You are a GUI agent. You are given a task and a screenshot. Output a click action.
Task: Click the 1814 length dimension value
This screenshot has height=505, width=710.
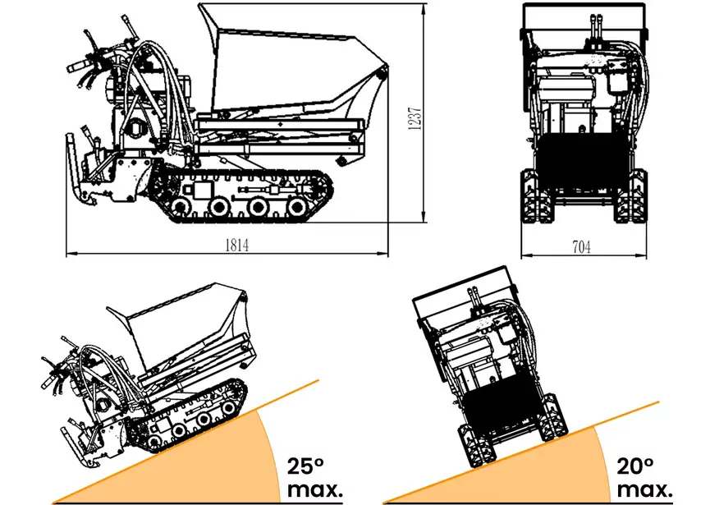[x=237, y=245]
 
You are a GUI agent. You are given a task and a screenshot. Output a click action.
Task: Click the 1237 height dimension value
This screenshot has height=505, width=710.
[x=415, y=119]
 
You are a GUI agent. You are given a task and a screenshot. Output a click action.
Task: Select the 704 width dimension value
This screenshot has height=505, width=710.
[x=581, y=247]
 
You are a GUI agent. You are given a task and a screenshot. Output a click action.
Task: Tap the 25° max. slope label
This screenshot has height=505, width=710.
[x=314, y=478]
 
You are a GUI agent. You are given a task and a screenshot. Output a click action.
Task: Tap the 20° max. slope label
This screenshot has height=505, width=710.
[x=644, y=478]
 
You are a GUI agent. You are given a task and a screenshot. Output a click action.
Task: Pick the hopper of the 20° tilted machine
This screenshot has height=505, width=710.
[x=466, y=290]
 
